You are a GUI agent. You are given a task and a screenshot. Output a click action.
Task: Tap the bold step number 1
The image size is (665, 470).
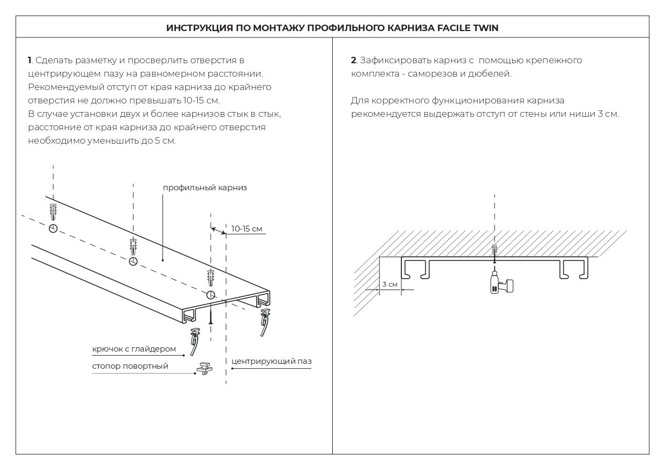(29, 61)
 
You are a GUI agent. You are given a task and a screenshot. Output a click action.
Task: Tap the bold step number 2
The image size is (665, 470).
(353, 61)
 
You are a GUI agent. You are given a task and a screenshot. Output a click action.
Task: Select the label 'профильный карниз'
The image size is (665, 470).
(205, 188)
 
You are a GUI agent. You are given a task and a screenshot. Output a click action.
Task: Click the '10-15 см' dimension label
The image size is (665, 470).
(246, 229)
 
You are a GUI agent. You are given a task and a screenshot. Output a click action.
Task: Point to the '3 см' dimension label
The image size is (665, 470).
(390, 284)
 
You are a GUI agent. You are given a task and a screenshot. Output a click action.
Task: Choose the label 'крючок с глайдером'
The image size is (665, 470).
(134, 349)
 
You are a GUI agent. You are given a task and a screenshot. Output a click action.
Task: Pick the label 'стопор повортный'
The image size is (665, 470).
(130, 366)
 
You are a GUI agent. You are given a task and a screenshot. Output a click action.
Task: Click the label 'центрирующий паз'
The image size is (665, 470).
(271, 361)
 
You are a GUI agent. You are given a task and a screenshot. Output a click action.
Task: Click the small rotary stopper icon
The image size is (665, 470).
(205, 369)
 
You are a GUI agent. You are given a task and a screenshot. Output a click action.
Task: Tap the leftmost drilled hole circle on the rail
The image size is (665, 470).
(53, 229)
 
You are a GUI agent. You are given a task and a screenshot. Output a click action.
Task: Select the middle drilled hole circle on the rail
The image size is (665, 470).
(133, 262)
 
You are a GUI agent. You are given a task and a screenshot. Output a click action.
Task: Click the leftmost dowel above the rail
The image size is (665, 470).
(53, 212)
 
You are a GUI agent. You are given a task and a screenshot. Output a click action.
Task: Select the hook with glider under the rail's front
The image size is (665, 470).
(194, 344)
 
